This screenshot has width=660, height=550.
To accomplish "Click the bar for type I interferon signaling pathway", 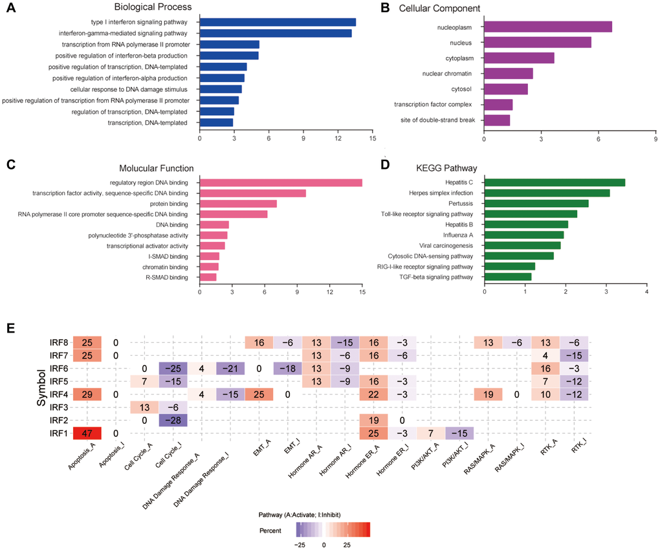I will coord(278,22).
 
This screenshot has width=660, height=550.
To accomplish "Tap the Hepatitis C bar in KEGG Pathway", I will coord(554,182).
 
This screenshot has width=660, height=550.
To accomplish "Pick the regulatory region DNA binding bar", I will coord(281,182).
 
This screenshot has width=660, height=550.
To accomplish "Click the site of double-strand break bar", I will coord(497,120).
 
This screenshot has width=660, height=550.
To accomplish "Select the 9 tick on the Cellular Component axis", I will coord(655,138).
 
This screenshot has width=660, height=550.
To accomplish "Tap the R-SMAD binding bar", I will coord(208,277).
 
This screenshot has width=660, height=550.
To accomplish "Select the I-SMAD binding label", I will coord(170,256).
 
